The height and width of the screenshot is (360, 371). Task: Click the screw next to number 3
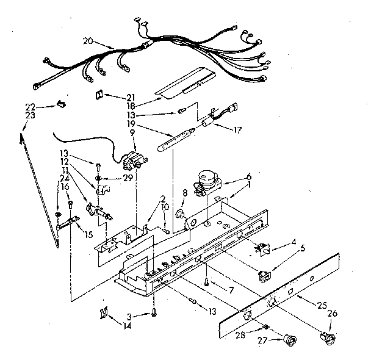click(154, 314)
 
